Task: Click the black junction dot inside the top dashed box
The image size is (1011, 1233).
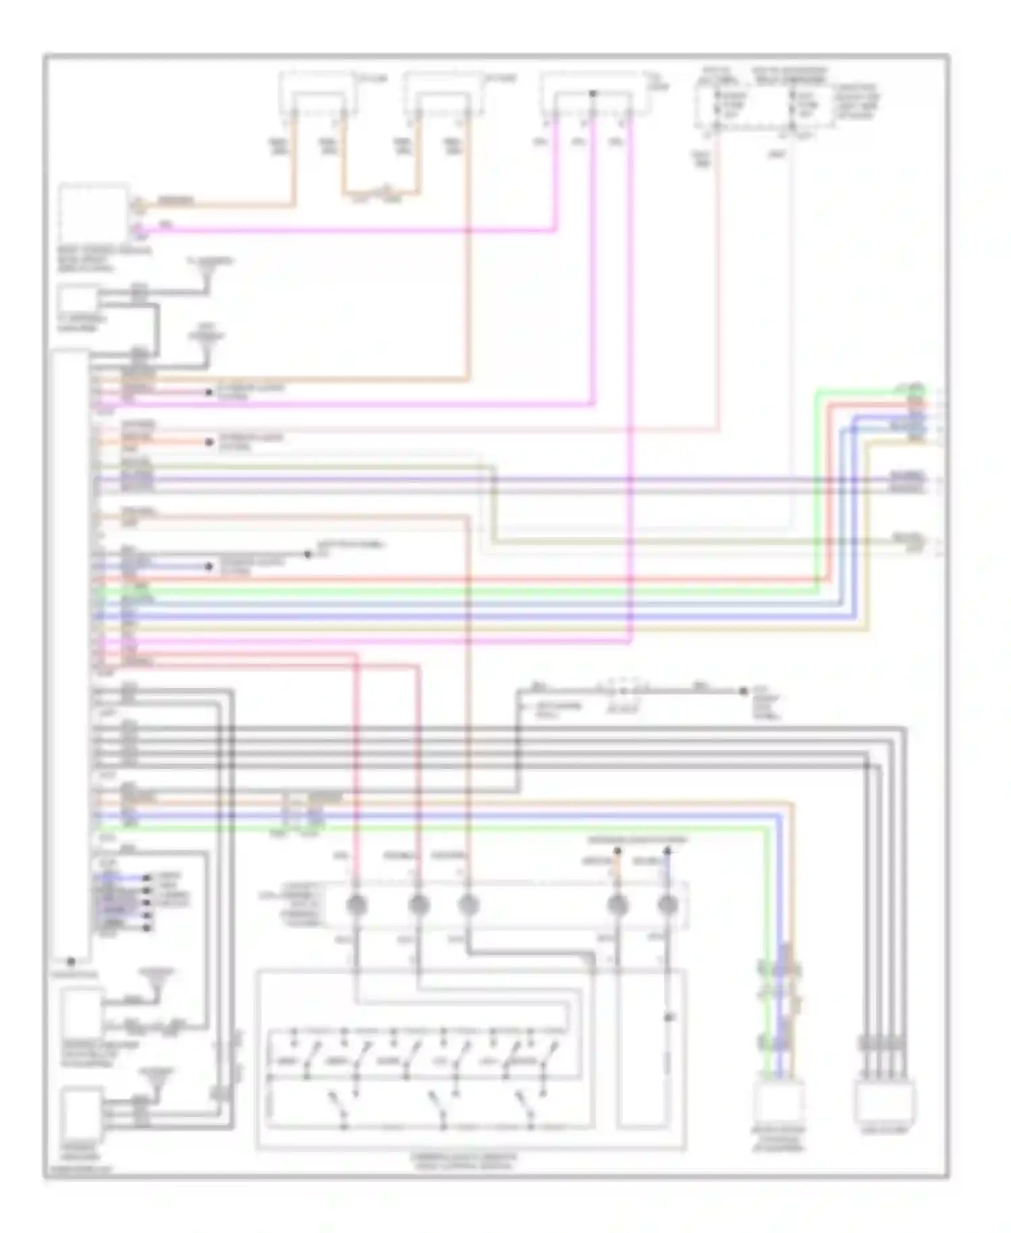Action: point(592,93)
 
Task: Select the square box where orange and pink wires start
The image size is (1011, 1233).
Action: point(94,214)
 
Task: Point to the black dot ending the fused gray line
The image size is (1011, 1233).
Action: point(743,691)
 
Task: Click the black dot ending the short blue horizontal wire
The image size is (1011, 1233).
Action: point(210,567)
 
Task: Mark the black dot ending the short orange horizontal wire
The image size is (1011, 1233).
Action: point(210,442)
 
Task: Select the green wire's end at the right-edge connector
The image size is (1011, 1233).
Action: point(925,390)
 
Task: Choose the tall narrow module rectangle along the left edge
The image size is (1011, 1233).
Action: point(71,651)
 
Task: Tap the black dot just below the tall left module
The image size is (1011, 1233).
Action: point(71,961)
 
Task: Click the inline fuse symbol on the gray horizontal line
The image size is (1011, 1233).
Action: point(621,691)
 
